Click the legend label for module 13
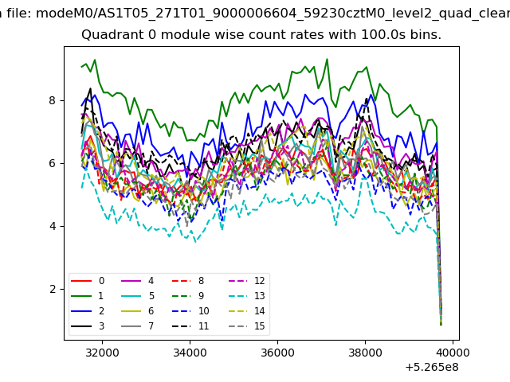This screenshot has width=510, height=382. [260, 296]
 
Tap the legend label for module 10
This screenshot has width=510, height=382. [204, 311]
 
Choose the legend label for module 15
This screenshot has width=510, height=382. [260, 325]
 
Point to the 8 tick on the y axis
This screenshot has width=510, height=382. [53, 100]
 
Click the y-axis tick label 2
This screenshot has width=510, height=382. [53, 289]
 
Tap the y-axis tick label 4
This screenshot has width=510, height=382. [53, 226]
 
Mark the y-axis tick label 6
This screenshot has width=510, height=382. [53, 163]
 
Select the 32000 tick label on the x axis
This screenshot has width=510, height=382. [102, 353]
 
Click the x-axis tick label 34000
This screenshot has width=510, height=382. [190, 353]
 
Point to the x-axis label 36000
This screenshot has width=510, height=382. [277, 353]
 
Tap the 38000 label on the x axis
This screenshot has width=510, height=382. [365, 353]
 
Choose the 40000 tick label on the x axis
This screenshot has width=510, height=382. [453, 353]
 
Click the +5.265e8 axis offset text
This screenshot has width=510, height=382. [432, 368]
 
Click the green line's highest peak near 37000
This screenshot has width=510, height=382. [327, 59]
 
